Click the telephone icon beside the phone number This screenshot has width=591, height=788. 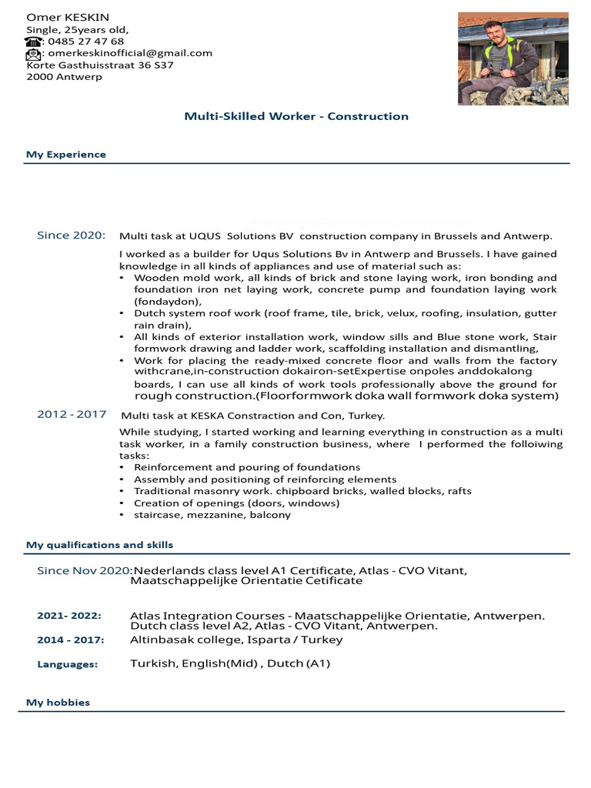34,42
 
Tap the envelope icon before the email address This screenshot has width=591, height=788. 34,54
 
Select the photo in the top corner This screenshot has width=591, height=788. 513,58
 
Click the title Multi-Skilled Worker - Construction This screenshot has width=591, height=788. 296,116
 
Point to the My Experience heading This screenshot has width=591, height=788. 66,155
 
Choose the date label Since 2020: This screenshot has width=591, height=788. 72,235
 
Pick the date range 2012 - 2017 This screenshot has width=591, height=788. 72,415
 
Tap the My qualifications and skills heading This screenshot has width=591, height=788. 99,545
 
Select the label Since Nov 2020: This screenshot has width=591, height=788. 85,571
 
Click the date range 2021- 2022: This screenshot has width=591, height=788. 69,616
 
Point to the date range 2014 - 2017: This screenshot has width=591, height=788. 71,640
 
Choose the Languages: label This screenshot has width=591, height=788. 68,664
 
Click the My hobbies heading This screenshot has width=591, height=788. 58,703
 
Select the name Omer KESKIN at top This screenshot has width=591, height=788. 68,17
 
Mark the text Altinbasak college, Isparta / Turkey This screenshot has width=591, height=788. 236,640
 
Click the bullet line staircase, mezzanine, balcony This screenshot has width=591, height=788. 212,515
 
